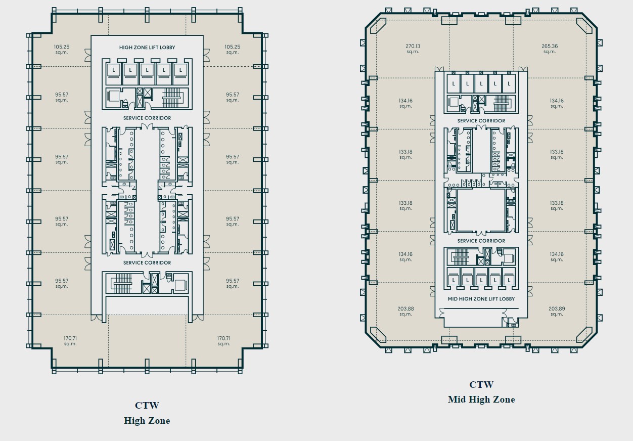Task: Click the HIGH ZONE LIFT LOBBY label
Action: click(x=147, y=48)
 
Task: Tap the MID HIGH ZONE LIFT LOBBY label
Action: click(x=481, y=299)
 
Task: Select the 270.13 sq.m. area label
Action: click(x=413, y=49)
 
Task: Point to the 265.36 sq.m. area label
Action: click(x=550, y=49)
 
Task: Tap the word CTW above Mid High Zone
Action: click(x=481, y=385)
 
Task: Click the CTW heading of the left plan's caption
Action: click(x=147, y=406)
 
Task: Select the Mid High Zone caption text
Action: click(x=481, y=400)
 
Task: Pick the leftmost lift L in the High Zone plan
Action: click(x=114, y=70)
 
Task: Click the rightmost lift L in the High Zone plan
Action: click(x=180, y=70)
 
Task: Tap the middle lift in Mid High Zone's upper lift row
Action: click(x=481, y=83)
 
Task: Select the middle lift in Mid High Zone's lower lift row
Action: click(x=481, y=280)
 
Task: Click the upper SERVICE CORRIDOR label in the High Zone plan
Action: click(x=147, y=118)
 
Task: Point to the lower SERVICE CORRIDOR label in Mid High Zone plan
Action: click(x=481, y=241)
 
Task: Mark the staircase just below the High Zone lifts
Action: click(x=171, y=98)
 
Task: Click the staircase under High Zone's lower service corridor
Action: click(x=122, y=283)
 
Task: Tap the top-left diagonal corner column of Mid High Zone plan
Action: click(x=378, y=26)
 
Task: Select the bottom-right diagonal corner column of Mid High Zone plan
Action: click(x=584, y=335)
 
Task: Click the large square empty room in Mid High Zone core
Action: click(x=481, y=210)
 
